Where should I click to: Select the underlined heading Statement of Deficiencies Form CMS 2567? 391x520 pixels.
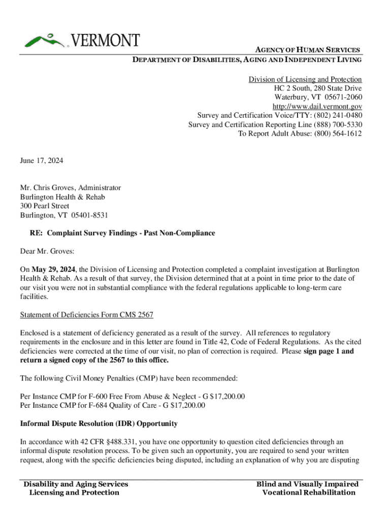(87, 315)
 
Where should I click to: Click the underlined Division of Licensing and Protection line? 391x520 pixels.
(305, 79)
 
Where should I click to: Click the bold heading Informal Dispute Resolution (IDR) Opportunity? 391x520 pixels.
(99, 424)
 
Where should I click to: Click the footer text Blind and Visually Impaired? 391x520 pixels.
(307, 484)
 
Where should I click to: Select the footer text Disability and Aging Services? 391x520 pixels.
(76, 484)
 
